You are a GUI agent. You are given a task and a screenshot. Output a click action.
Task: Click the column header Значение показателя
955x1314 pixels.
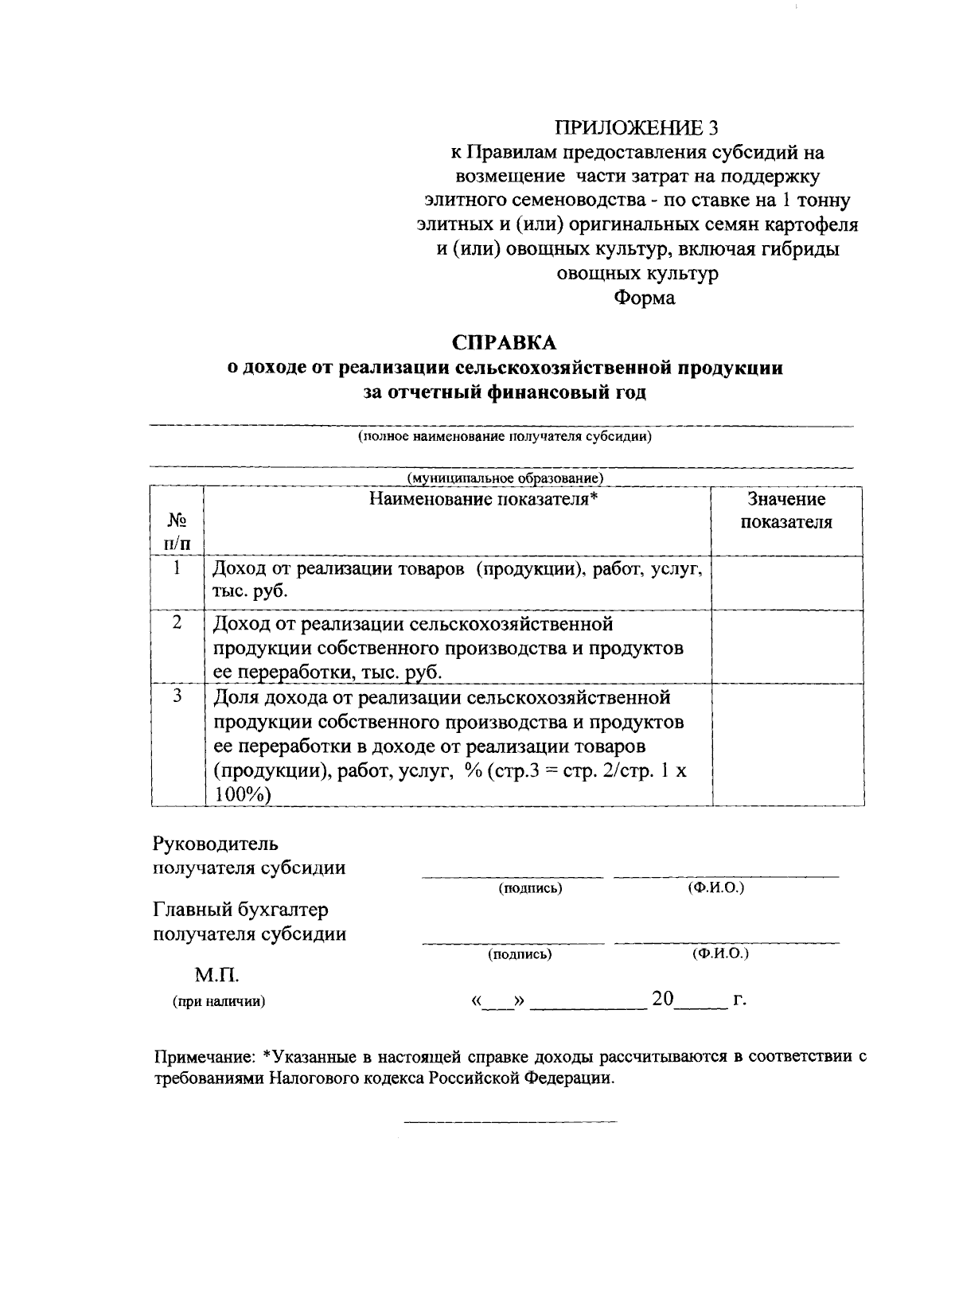(x=786, y=511)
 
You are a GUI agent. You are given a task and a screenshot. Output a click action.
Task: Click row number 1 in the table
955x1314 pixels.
(x=177, y=567)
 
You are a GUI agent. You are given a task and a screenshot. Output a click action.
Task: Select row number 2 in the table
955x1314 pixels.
(x=177, y=622)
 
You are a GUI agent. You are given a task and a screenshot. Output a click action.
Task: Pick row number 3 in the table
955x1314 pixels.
(x=177, y=696)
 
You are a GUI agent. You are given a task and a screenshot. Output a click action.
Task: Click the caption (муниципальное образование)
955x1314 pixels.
(x=505, y=478)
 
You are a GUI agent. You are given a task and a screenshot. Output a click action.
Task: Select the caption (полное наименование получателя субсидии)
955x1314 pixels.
(x=505, y=437)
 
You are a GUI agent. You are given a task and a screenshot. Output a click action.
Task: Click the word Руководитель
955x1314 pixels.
(x=216, y=843)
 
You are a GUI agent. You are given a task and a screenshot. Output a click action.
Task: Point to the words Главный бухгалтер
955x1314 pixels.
(x=240, y=909)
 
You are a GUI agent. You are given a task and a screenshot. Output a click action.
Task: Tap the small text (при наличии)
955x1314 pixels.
(x=219, y=1002)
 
